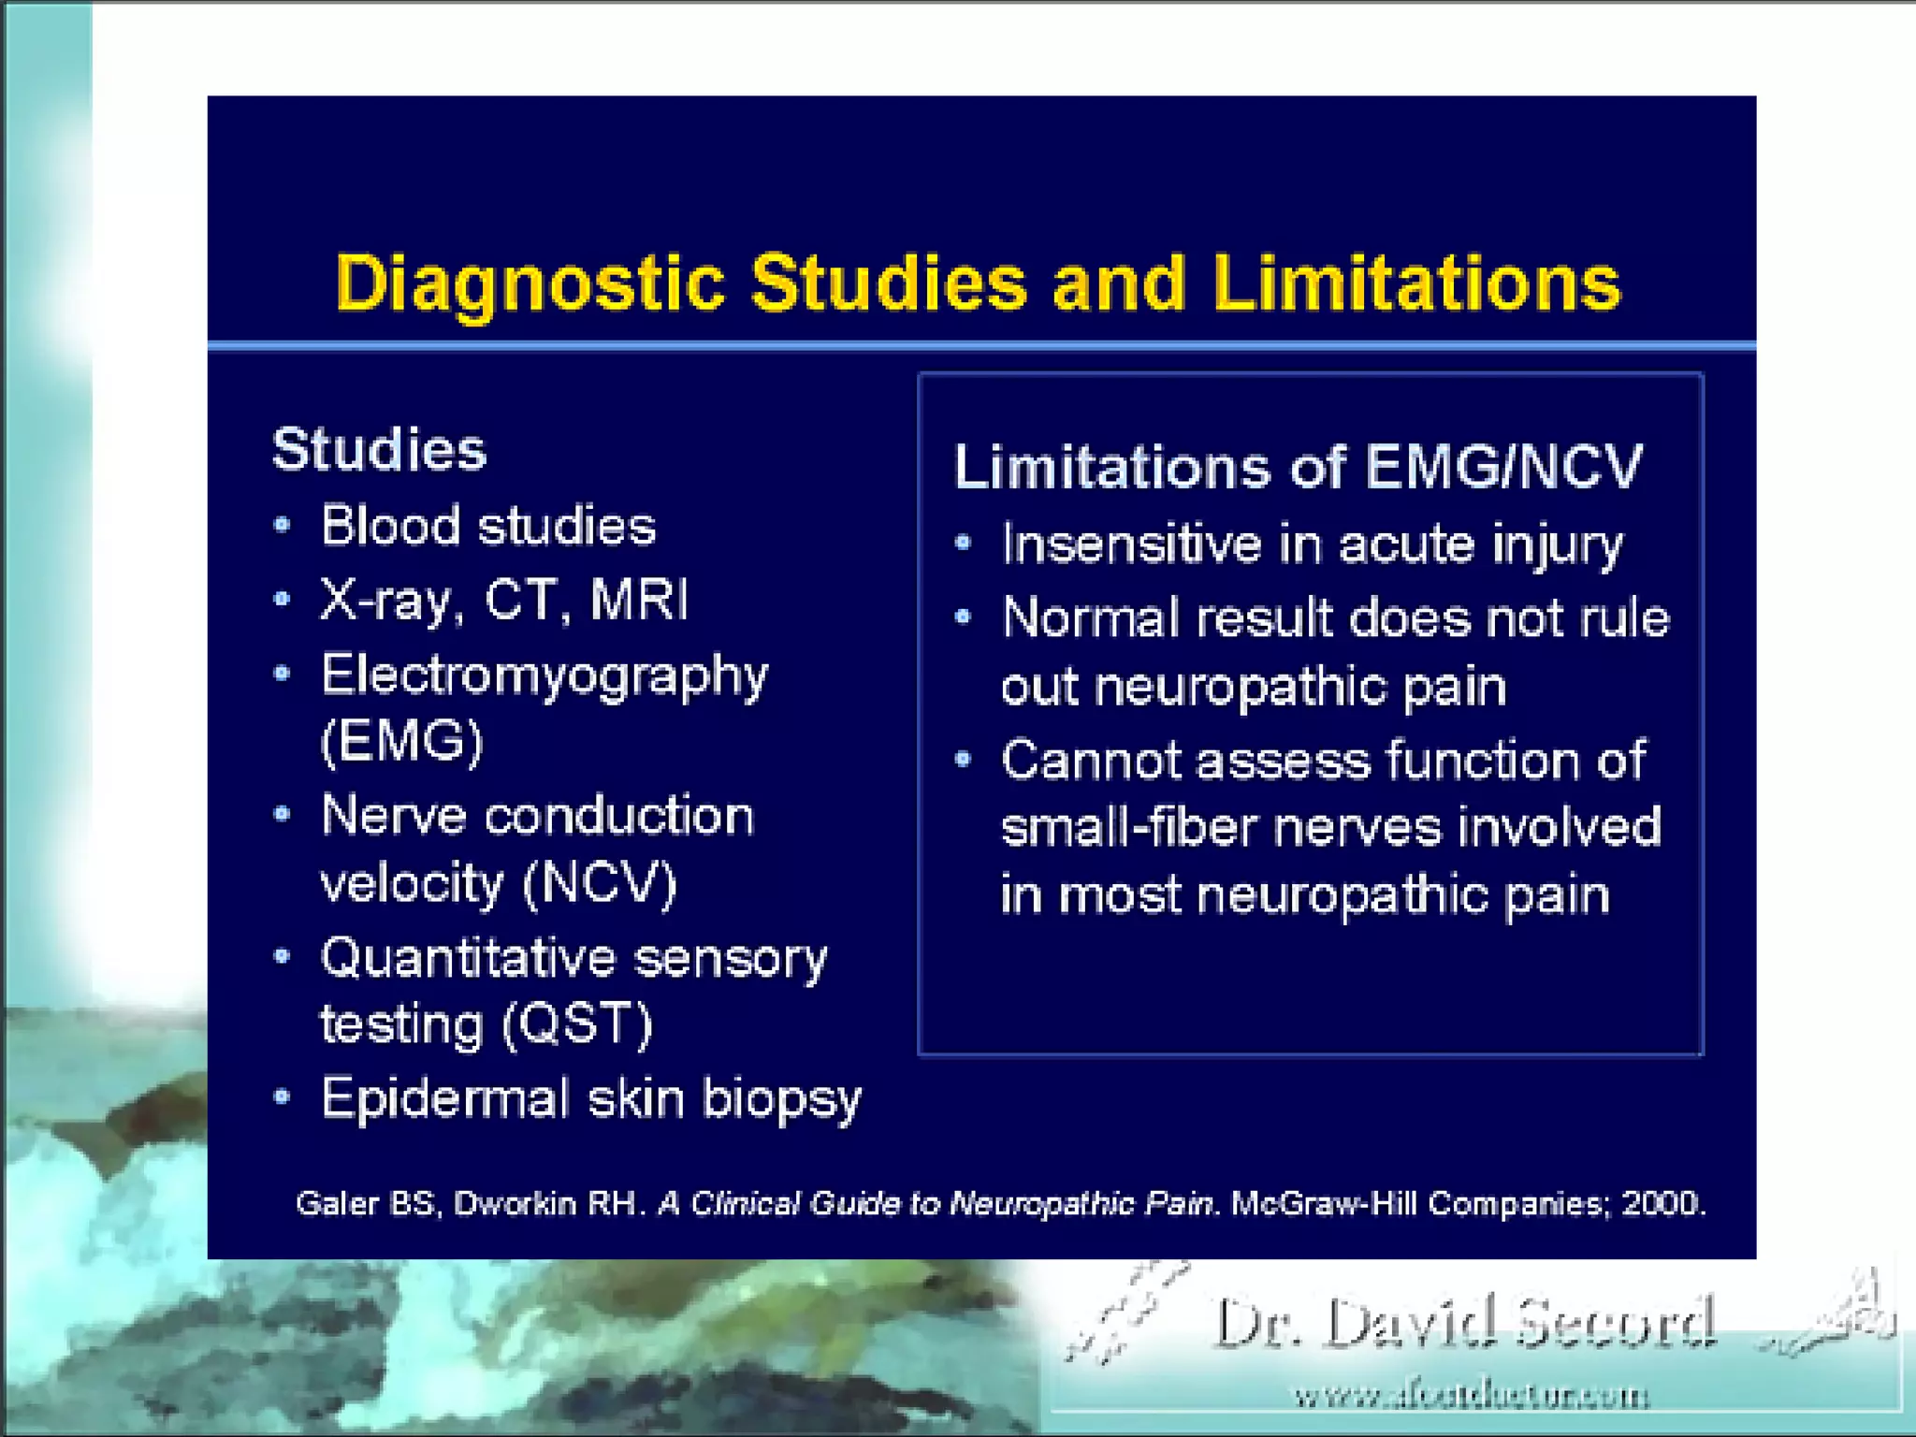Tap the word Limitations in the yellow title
tap(1416, 283)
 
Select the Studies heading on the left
tap(379, 450)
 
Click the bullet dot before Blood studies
tap(282, 525)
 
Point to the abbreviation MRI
tap(640, 600)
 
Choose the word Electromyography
tap(544, 675)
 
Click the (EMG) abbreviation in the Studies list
tap(401, 742)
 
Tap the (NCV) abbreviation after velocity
tap(600, 883)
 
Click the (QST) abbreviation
tap(577, 1023)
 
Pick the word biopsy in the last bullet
tap(781, 1099)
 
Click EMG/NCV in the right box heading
tap(1503, 466)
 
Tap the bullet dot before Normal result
tap(964, 617)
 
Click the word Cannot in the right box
tap(1090, 760)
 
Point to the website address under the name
tap(1471, 1397)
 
